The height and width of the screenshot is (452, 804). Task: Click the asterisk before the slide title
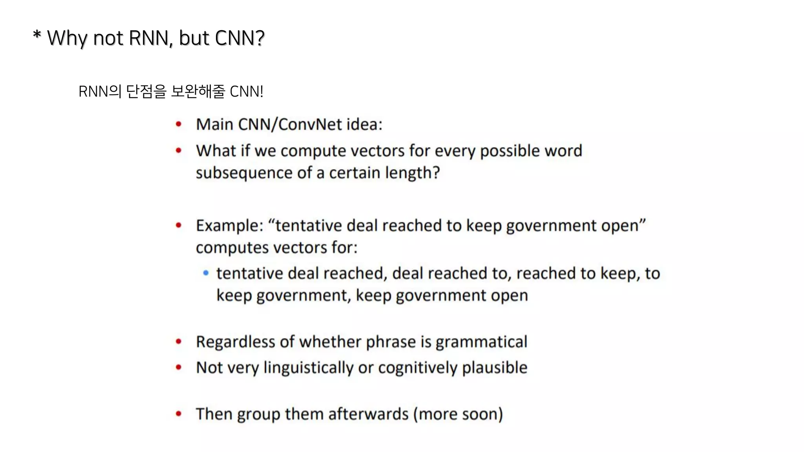pos(37,35)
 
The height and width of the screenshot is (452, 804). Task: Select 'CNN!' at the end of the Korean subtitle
pos(246,91)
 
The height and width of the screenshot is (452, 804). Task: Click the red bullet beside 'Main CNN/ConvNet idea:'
pos(179,124)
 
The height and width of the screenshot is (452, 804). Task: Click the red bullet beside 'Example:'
pos(179,225)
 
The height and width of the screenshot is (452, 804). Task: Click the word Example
pos(228,226)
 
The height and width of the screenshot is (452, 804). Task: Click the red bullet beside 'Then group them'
pos(179,414)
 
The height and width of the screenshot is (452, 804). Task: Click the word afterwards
pos(368,414)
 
